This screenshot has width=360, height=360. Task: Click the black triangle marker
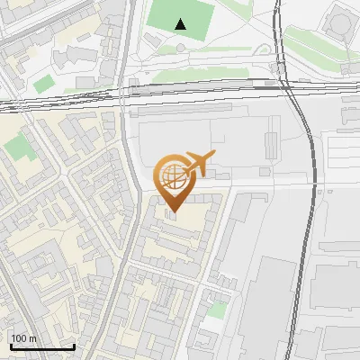[182, 24]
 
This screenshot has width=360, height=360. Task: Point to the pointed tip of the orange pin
[174, 212]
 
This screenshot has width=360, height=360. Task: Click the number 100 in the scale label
[20, 338]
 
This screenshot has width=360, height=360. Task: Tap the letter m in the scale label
[32, 338]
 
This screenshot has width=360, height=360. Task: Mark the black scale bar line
[41, 347]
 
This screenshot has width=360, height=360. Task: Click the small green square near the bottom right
[216, 310]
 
